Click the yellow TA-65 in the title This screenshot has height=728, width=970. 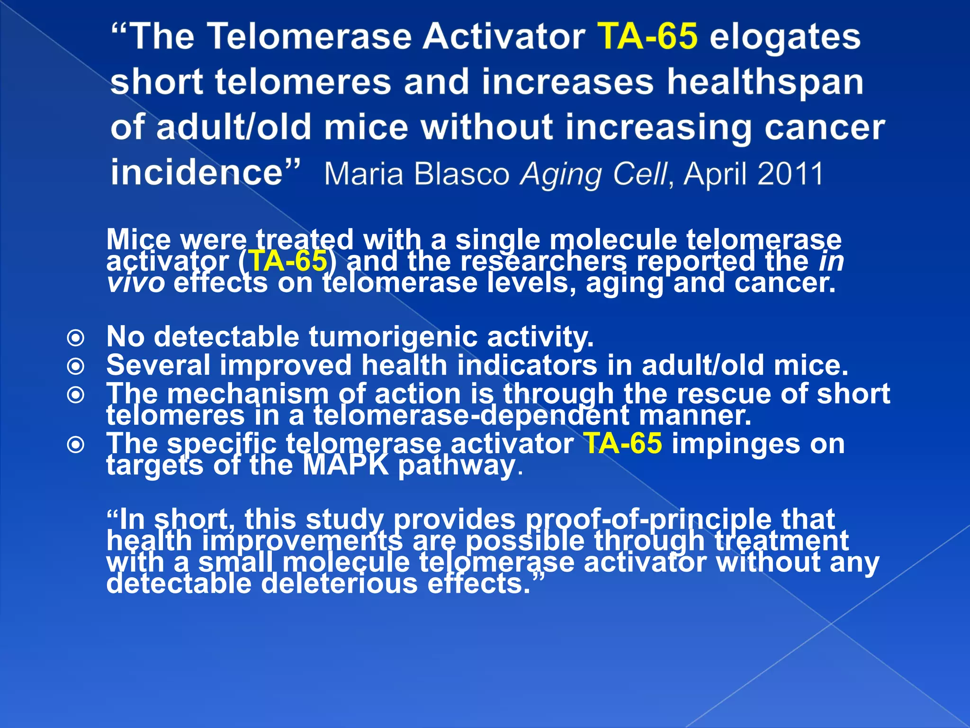click(x=648, y=37)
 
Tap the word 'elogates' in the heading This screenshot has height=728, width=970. click(x=785, y=37)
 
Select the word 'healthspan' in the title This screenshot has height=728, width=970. click(x=765, y=82)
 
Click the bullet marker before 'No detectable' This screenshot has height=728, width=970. click(x=76, y=338)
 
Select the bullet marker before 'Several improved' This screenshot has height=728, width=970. click(x=76, y=366)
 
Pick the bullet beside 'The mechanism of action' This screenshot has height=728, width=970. click(x=76, y=394)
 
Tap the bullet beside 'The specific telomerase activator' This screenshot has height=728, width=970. click(x=76, y=445)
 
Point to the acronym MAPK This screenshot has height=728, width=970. click(x=346, y=465)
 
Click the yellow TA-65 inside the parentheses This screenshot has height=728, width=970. click(x=288, y=261)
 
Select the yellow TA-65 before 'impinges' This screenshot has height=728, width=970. click(x=622, y=444)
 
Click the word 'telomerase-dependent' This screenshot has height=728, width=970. click(x=471, y=416)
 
